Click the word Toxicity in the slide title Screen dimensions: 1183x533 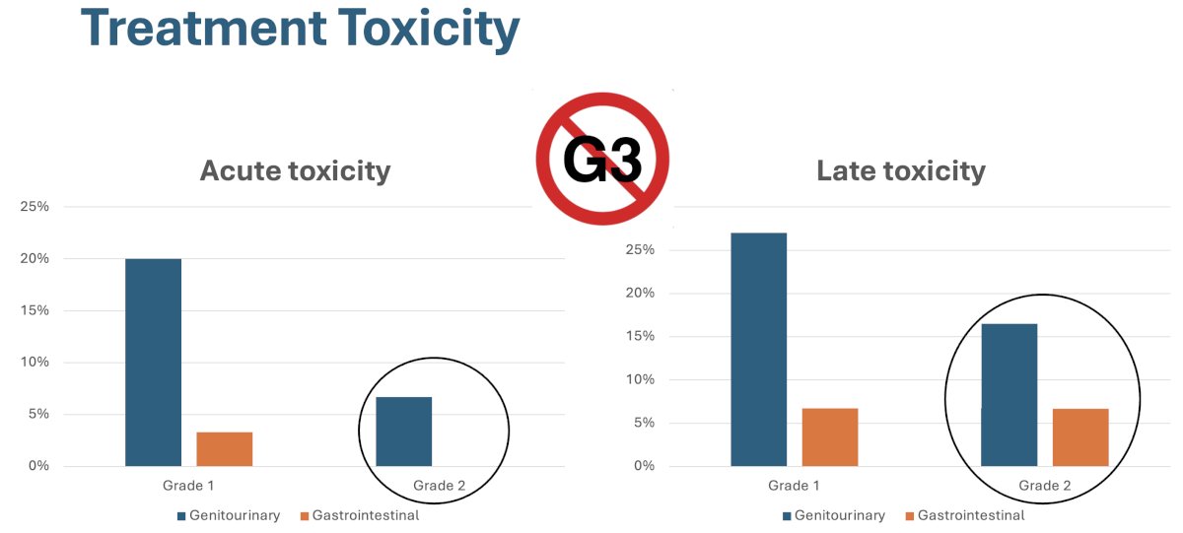click(x=428, y=29)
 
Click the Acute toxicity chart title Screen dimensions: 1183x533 click(x=295, y=171)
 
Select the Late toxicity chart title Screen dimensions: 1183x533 click(x=901, y=171)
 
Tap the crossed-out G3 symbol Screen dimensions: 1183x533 click(x=602, y=159)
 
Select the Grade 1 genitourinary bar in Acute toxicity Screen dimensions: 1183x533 click(x=153, y=362)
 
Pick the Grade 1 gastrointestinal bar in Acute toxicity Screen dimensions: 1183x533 click(x=225, y=449)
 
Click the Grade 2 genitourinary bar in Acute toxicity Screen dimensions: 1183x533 click(x=403, y=432)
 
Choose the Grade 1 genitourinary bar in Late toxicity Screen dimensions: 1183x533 click(x=758, y=350)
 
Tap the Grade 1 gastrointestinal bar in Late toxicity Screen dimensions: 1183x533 click(x=830, y=437)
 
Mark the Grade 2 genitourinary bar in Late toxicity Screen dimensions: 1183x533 click(x=1009, y=395)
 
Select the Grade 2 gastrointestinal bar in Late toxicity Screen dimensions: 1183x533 click(x=1080, y=437)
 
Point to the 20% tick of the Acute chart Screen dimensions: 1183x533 click(x=35, y=258)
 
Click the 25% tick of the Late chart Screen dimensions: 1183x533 click(x=640, y=249)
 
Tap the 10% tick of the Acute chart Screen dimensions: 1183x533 click(x=35, y=362)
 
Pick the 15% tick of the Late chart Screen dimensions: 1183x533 click(x=640, y=336)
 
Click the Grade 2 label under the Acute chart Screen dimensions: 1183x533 click(x=439, y=486)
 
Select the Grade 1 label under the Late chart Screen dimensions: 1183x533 click(x=794, y=486)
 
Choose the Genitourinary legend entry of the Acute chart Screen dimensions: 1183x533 click(x=229, y=515)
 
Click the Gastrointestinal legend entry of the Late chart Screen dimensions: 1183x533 click(x=965, y=515)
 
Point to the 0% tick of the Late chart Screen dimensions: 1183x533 click(x=645, y=465)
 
